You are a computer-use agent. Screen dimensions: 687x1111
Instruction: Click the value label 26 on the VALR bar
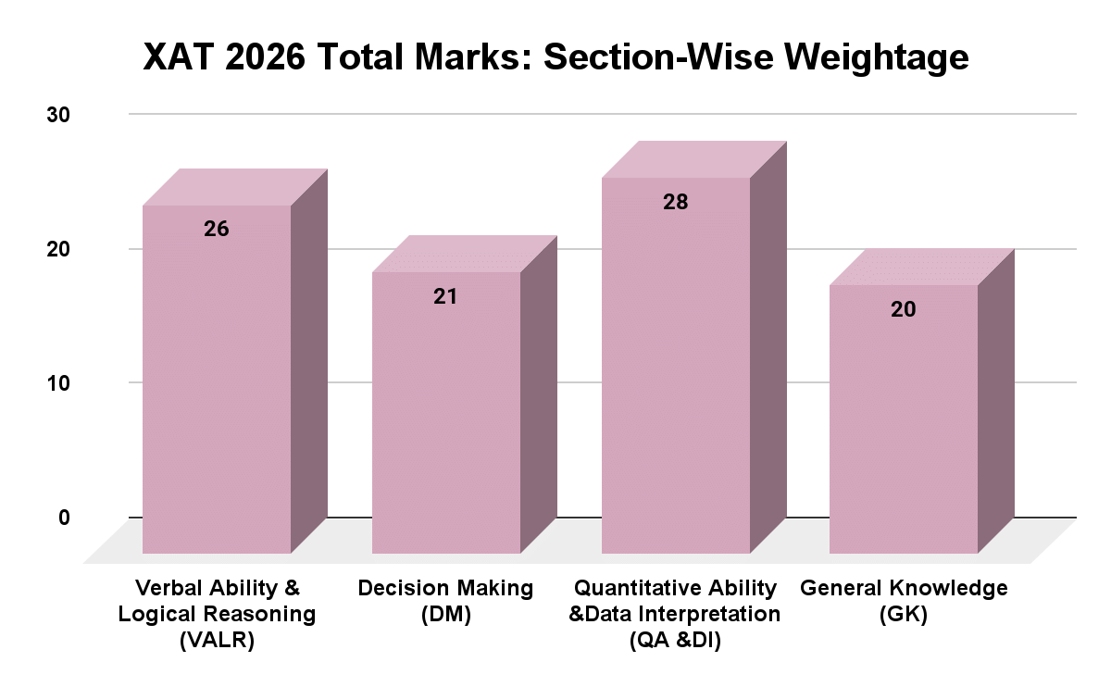coord(217,230)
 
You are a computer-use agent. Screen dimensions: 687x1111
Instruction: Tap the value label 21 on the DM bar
coord(445,297)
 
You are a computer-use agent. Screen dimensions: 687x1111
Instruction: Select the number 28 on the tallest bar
coord(675,202)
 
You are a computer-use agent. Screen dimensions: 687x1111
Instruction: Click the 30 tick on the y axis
coord(58,115)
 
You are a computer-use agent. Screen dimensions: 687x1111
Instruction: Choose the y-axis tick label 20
coord(58,249)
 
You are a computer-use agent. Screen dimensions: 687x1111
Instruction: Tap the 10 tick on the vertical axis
coord(58,383)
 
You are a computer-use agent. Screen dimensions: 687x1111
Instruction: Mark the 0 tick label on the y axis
coord(64,518)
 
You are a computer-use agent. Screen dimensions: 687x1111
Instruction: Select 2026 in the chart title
coord(265,57)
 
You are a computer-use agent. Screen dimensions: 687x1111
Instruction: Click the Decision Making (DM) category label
coord(445,601)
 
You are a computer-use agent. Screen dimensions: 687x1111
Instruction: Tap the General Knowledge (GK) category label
coord(904,601)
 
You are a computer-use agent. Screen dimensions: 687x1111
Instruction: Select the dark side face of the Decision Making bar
coord(538,398)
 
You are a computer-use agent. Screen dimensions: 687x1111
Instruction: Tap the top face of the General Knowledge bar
coord(921,268)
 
